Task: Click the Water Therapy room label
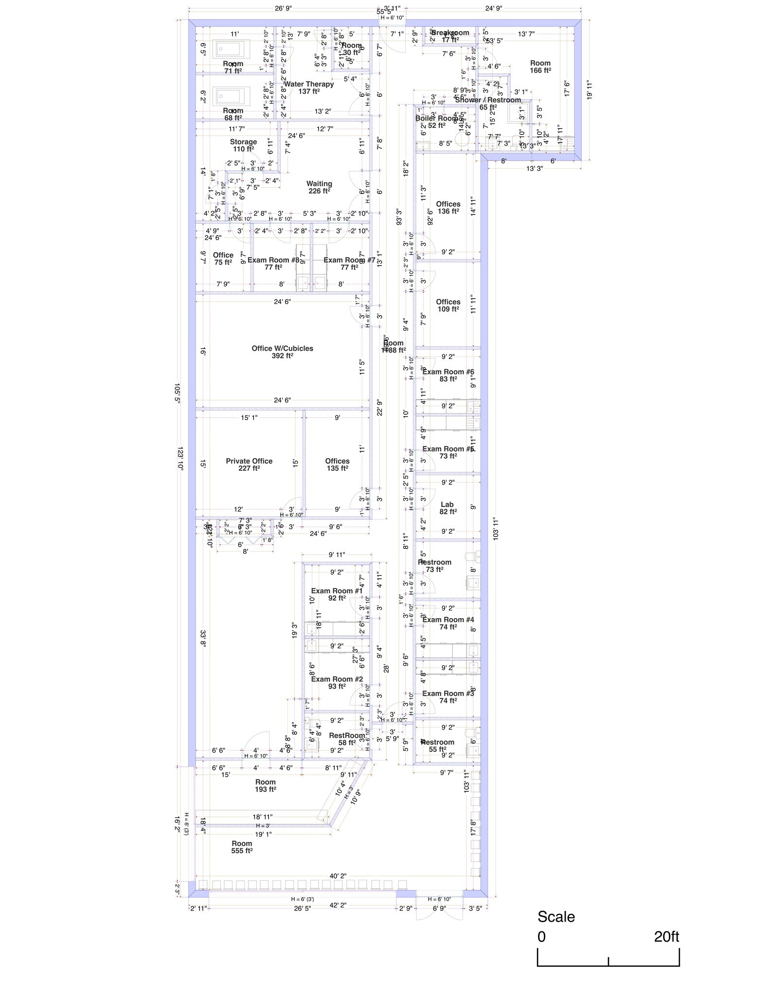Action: [x=308, y=84]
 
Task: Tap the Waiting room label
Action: [x=319, y=184]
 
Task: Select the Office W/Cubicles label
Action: [x=282, y=349]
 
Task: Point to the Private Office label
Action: [x=249, y=461]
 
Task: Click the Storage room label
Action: [x=243, y=142]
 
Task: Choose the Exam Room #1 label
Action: [x=337, y=591]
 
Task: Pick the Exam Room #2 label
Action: [x=337, y=679]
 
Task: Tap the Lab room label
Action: [x=447, y=504]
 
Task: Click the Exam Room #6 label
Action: [x=448, y=372]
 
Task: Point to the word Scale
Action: [x=556, y=917]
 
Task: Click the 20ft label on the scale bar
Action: [x=666, y=937]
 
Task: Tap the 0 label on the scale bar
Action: [x=541, y=937]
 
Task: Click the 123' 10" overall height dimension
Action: [x=180, y=458]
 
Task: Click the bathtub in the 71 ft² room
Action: [x=233, y=49]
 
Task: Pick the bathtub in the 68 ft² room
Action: [x=233, y=96]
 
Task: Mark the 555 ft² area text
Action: [x=242, y=851]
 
